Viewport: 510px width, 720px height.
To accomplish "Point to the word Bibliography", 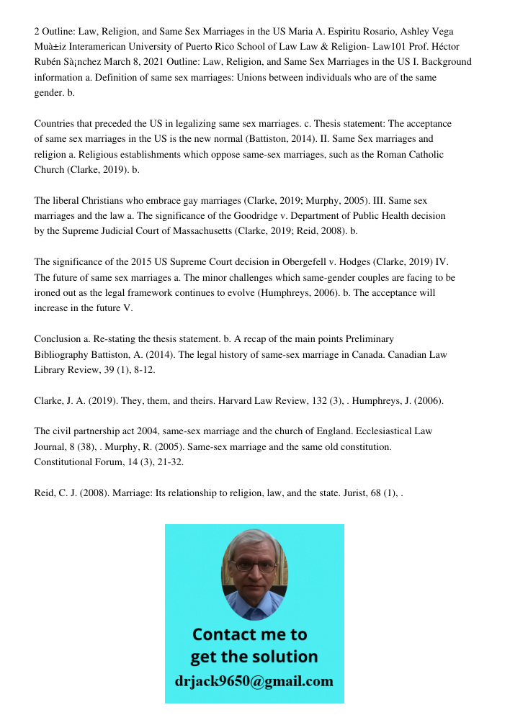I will pyautogui.click(x=62, y=354).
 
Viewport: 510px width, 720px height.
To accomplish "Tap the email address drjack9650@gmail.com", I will pyautogui.click(x=254, y=680).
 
